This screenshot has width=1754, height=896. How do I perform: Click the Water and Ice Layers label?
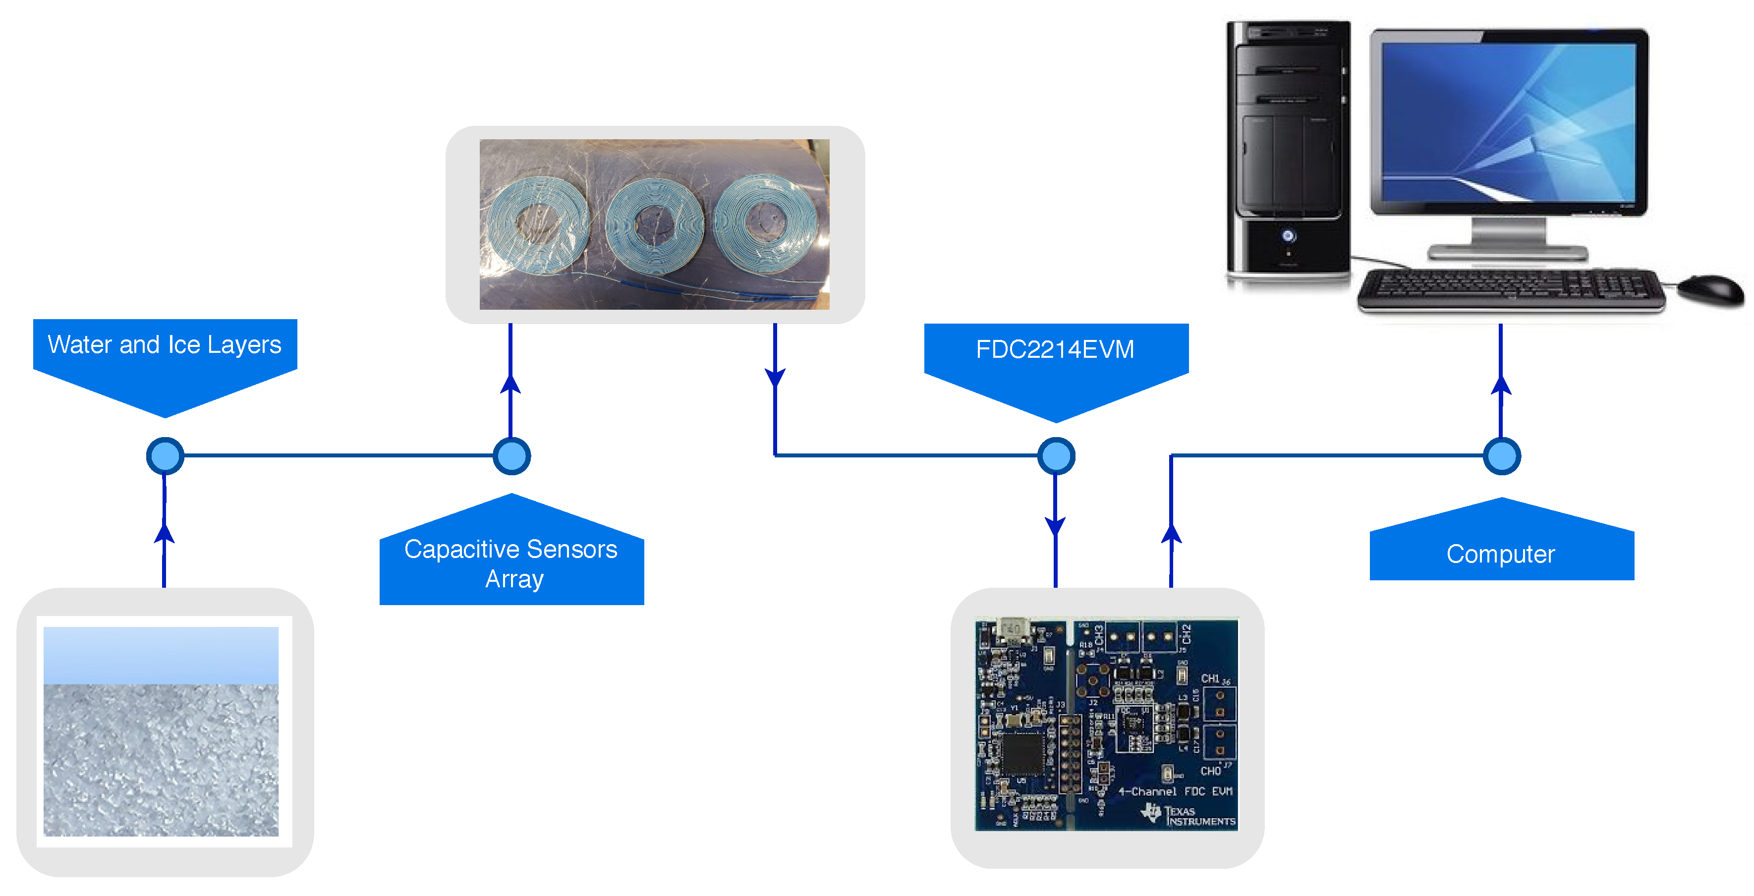click(x=165, y=345)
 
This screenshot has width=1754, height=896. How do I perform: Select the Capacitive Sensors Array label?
click(x=511, y=564)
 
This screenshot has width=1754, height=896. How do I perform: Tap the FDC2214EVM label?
click(x=1055, y=349)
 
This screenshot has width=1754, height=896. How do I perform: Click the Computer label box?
click(x=1501, y=554)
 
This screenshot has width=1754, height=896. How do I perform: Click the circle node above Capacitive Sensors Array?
click(x=511, y=455)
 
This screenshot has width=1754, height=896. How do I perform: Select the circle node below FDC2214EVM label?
click(x=1055, y=455)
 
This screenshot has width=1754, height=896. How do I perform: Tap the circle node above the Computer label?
click(x=1501, y=455)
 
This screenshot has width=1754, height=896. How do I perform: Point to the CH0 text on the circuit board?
click(x=1210, y=771)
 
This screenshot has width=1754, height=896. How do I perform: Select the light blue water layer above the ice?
click(x=161, y=655)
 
